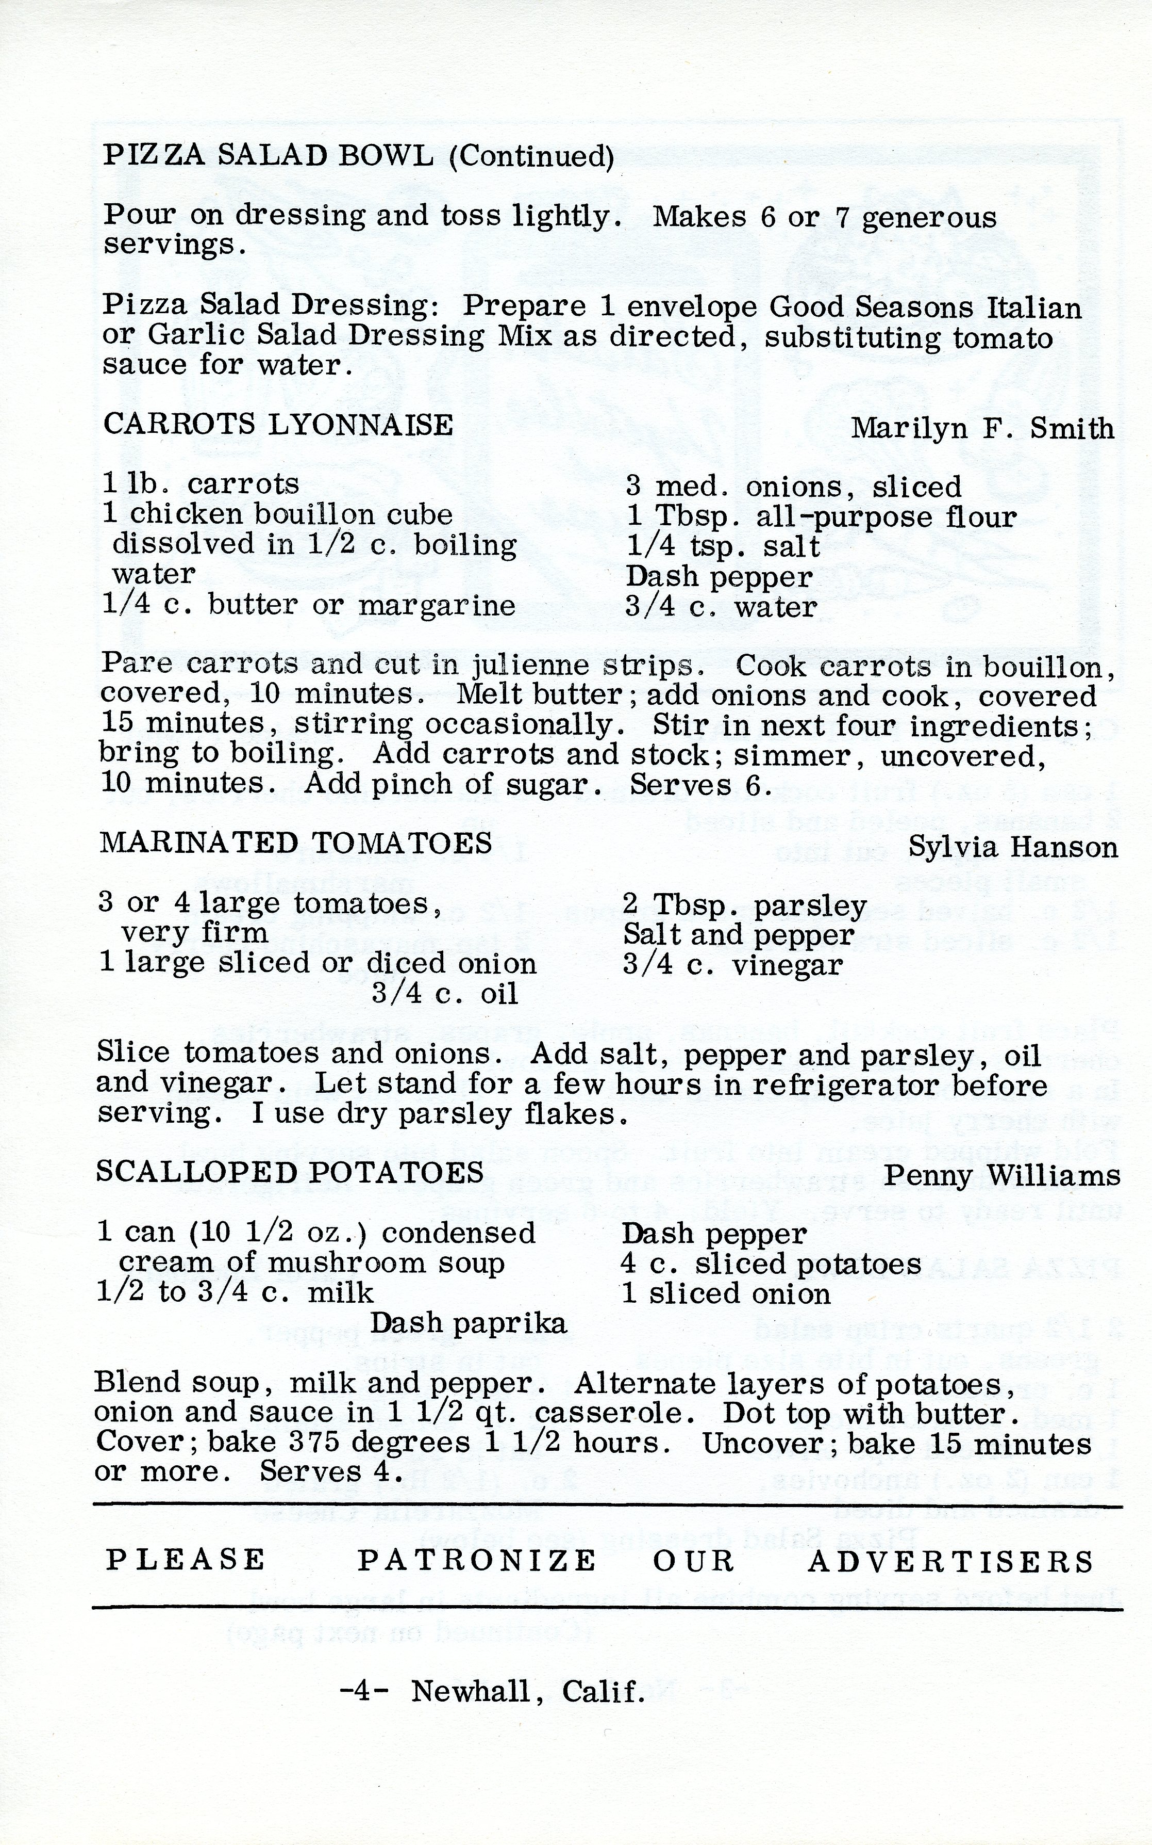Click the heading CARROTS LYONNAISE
278,424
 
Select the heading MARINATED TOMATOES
296,843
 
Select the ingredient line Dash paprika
469,1323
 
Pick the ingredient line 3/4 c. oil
445,993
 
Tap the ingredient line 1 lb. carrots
201,483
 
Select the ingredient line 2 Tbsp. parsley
744,905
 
